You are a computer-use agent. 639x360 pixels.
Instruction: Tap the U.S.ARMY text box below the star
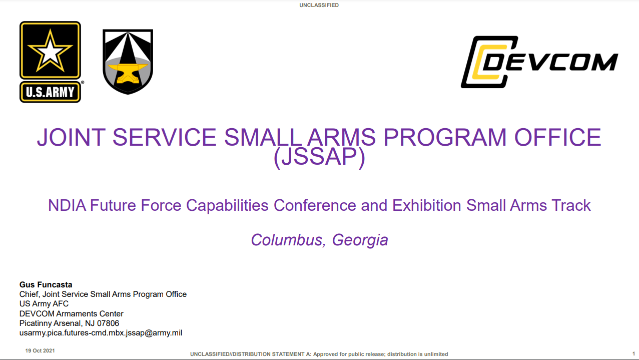coord(50,92)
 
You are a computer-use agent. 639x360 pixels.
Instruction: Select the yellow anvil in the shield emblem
coord(128,73)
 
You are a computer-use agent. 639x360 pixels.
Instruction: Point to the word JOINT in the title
coord(72,137)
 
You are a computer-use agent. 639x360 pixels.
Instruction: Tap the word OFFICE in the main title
coord(558,137)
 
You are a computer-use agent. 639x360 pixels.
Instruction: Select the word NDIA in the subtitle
coord(67,205)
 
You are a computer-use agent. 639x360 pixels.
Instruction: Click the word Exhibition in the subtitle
coord(426,205)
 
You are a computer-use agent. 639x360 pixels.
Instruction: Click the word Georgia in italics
coord(360,240)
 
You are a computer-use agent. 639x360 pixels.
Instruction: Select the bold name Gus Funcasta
coord(46,284)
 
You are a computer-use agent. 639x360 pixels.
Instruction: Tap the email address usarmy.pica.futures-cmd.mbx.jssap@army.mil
coord(101,333)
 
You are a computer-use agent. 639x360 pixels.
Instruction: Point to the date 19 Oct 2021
coord(40,350)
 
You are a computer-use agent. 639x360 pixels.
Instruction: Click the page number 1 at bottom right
coord(633,353)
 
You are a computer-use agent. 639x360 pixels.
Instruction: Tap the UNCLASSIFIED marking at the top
coord(319,5)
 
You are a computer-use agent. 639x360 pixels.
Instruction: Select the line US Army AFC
coord(44,304)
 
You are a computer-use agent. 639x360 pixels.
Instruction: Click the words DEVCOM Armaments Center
coord(72,313)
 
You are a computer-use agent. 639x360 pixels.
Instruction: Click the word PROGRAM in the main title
coord(445,137)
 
